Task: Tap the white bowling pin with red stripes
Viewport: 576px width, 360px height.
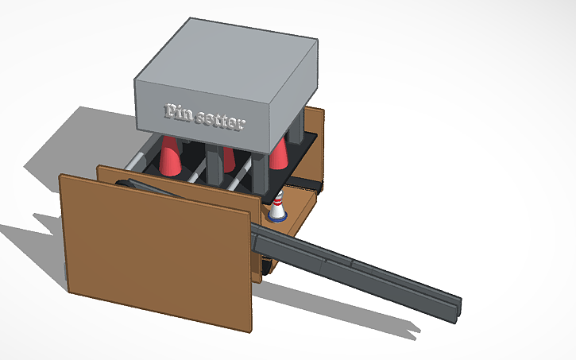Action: [x=277, y=208]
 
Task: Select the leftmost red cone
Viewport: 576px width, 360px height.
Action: [x=169, y=157]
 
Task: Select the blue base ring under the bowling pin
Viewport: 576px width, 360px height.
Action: [x=277, y=218]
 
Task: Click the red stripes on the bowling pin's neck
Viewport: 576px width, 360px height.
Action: [x=277, y=202]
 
